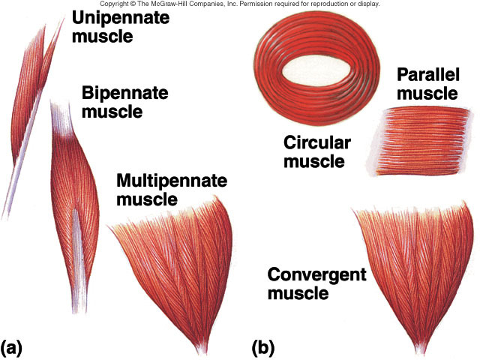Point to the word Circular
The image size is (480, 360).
coord(313,143)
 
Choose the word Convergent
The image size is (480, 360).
coord(316,274)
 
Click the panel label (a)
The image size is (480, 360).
coord(15,347)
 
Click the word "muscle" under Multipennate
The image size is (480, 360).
coord(147,199)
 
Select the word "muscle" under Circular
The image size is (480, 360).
coord(313,161)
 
